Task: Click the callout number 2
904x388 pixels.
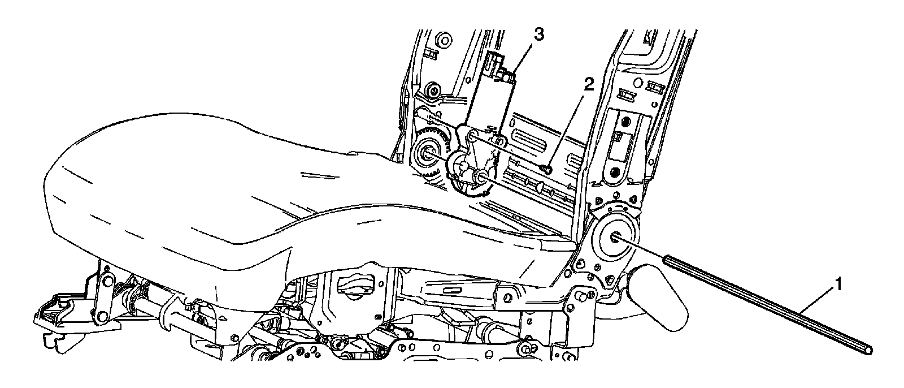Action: [x=588, y=85]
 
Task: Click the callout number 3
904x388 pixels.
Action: [x=538, y=35]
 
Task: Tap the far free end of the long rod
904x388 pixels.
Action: [x=867, y=351]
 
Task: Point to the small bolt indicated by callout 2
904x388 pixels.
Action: [x=546, y=168]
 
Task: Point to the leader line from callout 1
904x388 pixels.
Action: [x=816, y=300]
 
